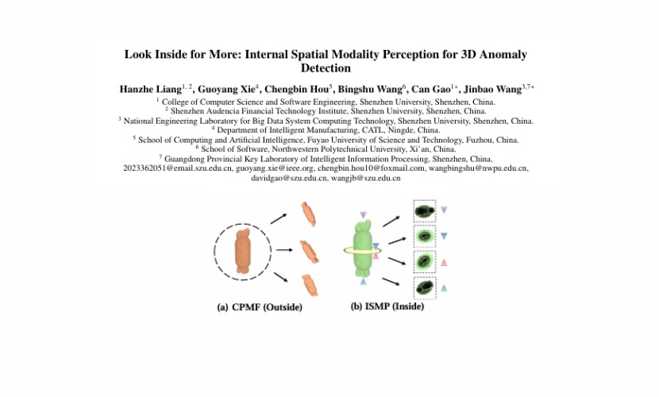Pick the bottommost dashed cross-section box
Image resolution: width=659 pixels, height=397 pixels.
(x=426, y=287)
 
